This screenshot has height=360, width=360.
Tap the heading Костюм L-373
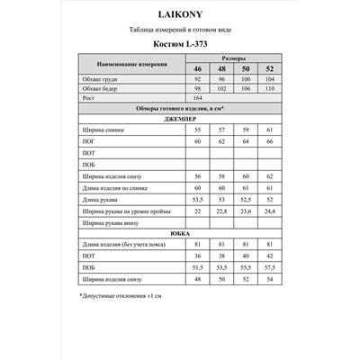pos(179,43)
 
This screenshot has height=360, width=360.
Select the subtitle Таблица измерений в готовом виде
pos(179,30)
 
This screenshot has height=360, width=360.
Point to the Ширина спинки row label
pos(100,131)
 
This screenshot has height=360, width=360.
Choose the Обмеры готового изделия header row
pos(179,110)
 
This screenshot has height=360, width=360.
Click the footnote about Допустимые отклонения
pos(121,294)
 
